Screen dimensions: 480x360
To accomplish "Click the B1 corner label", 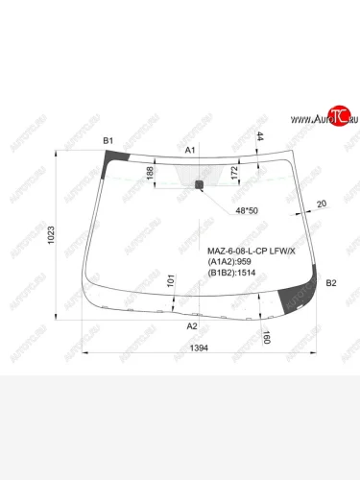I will point(108,141).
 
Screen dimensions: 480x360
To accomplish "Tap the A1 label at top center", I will point(190,150).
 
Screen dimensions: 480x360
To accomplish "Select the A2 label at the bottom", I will point(192,326).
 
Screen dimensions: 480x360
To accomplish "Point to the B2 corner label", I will point(331,283).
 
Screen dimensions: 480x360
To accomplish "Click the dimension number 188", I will point(150,172).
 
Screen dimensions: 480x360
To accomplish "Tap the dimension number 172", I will point(233,172).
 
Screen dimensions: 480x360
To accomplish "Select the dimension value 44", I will point(259,139).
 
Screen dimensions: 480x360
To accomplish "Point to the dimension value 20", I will point(321,204).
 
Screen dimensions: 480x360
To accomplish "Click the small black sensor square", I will point(198,183).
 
